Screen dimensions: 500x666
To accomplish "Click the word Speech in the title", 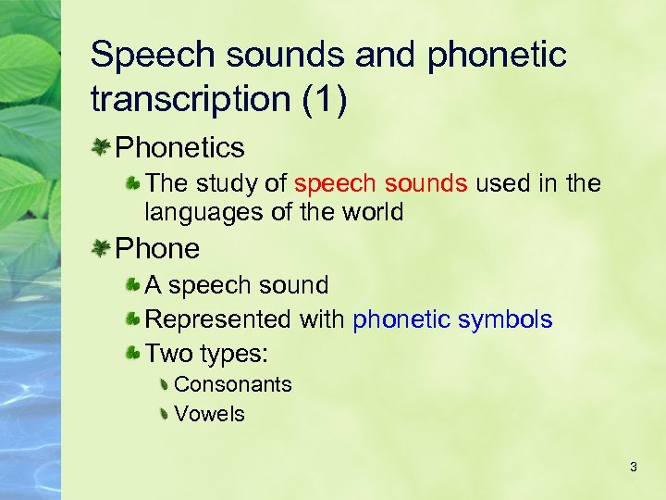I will (148, 56).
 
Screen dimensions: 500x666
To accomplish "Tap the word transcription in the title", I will (191, 99).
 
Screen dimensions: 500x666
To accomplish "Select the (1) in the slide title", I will (326, 99).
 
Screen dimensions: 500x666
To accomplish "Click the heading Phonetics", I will (180, 147).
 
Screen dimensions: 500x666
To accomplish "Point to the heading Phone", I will (157, 248).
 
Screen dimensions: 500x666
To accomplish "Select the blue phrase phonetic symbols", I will (452, 319).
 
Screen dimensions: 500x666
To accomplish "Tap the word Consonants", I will (232, 384).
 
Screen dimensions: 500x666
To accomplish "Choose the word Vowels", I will (209, 414).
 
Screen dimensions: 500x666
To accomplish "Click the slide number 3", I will (633, 467).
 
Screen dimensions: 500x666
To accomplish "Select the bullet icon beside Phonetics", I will (101, 146).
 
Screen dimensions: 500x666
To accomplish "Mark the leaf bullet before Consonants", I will (163, 384).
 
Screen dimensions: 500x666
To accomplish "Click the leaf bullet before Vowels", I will (163, 414).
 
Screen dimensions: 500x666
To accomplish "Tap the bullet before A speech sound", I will (133, 285).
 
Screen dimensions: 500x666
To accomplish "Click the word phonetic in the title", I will (496, 56).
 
